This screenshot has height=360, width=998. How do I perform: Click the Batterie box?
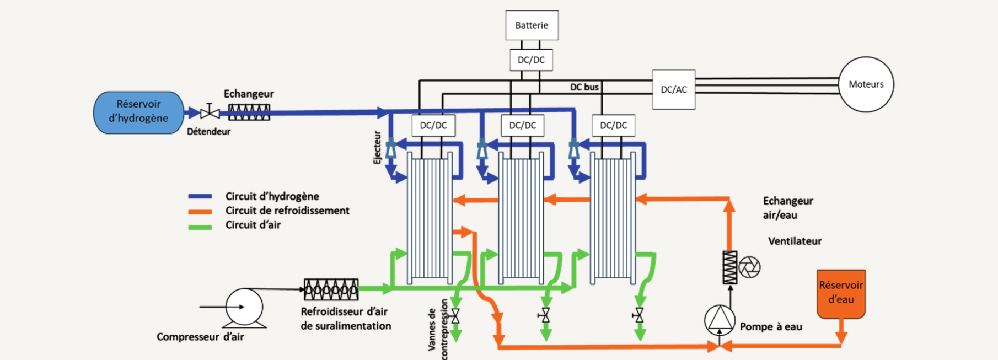coord(532,25)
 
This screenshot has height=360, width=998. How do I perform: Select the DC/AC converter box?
coord(673,89)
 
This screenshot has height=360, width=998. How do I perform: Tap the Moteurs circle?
coord(866,84)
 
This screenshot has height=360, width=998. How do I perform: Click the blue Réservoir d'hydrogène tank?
coord(138,112)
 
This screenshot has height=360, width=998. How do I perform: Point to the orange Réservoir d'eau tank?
coord(840,293)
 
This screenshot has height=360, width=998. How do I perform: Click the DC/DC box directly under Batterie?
coord(531,60)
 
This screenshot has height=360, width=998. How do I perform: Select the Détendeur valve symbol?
coord(210,112)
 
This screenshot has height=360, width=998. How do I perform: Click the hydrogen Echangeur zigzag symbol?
coord(249,112)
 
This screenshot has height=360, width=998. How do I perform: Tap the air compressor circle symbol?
coord(244,307)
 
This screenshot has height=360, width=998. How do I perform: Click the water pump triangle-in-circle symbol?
coord(720,319)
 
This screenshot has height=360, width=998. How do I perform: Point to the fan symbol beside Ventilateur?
coord(749,267)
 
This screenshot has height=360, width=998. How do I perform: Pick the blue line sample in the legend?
coord(200,196)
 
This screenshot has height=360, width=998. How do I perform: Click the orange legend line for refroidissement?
coord(200,212)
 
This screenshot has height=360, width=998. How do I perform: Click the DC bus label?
coord(584,87)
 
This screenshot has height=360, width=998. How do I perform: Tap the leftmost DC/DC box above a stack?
coord(433,126)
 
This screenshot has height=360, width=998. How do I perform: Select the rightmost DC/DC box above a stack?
coord(613,126)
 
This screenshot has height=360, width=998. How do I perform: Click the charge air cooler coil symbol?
coord(331,289)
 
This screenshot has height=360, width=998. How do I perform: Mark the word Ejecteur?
coord(377,147)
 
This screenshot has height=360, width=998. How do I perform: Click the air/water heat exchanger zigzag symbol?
coord(729,267)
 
